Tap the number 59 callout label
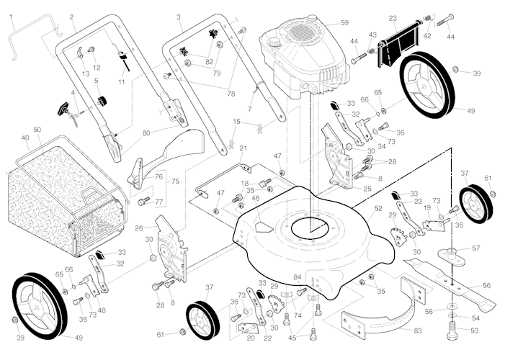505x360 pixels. tap(344, 23)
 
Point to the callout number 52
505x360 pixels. tap(378, 208)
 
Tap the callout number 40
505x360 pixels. tap(25, 138)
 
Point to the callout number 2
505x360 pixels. tap(72, 17)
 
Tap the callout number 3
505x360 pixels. tap(178, 17)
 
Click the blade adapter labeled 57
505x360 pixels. tap(455, 253)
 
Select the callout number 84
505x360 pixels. tap(298, 276)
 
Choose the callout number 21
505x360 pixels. tap(243, 148)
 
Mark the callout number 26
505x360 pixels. tap(138, 228)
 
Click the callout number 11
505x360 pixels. tap(121, 83)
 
